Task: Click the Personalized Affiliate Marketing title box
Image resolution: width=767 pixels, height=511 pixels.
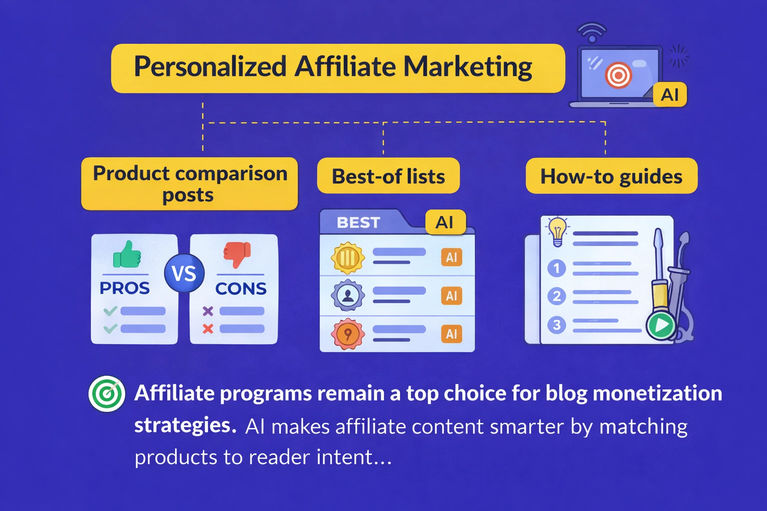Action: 338,68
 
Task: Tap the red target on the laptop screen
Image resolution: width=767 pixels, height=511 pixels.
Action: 618,75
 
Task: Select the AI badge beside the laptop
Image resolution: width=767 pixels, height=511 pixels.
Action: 670,94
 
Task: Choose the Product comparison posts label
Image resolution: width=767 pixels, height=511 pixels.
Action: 190,184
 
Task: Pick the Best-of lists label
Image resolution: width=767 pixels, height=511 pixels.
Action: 388,176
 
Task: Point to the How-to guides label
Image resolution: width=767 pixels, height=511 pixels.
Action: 611,176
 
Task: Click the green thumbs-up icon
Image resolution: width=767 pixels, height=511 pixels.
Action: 127,255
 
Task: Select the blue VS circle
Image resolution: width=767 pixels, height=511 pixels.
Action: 184,273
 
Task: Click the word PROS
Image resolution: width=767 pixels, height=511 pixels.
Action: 124,288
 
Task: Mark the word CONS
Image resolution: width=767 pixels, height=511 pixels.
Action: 241,288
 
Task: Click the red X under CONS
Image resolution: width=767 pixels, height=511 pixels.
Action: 208,328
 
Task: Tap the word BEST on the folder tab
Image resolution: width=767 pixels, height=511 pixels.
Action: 359,223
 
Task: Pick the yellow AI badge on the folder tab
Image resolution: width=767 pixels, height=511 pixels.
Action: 445,222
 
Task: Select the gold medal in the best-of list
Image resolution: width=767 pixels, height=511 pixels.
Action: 348,258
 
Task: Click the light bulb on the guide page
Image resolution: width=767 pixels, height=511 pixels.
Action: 557,231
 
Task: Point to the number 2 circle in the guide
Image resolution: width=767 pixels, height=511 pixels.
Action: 556,296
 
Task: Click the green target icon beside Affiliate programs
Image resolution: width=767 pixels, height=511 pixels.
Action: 107,394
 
